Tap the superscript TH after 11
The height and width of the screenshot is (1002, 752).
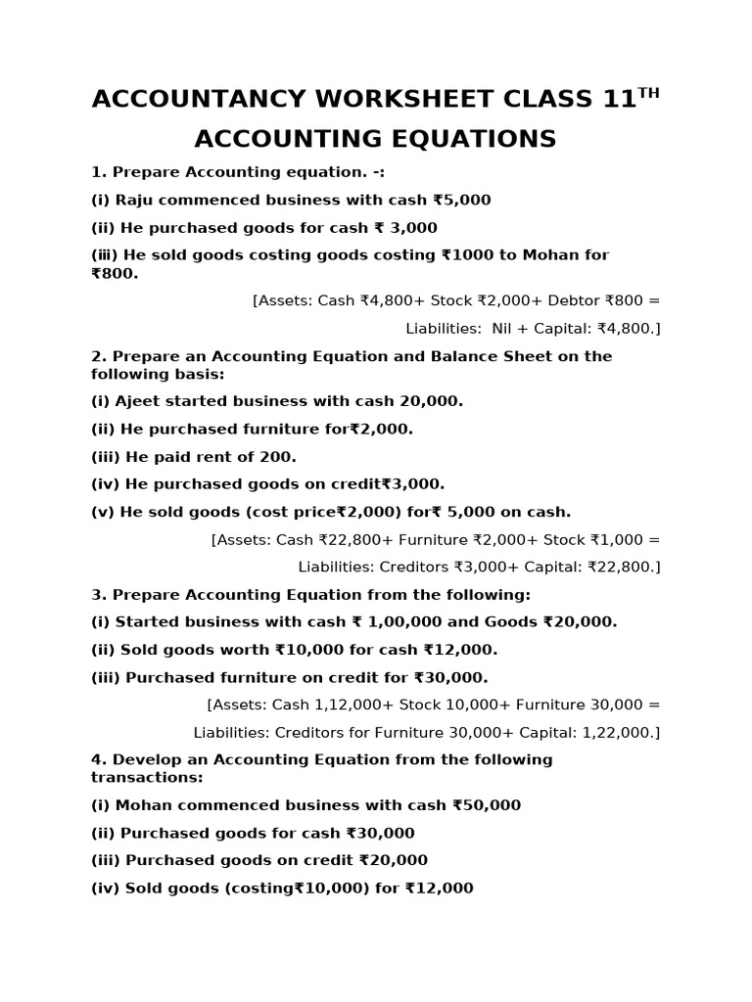tap(648, 93)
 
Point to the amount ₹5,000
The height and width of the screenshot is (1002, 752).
tap(462, 200)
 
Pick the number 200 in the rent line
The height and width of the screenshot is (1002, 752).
tap(278, 456)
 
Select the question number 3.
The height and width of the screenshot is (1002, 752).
tap(97, 594)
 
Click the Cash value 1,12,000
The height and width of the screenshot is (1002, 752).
tap(353, 705)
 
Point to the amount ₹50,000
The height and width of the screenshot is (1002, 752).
tap(486, 805)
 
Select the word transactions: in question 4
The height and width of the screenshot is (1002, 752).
tap(147, 777)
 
